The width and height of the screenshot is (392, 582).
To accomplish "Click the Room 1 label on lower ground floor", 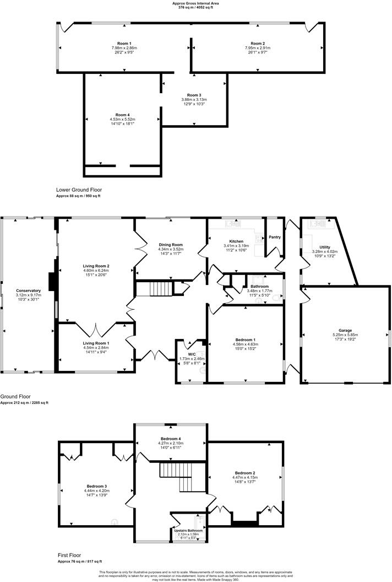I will tap(124, 44).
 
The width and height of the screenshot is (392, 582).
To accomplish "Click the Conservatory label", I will tap(29, 290).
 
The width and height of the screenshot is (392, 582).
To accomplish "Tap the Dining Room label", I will tap(171, 245).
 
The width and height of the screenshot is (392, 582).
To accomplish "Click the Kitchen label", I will tap(236, 241).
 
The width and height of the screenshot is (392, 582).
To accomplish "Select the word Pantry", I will tap(275, 238).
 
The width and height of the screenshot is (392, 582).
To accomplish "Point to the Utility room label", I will tap(325, 247).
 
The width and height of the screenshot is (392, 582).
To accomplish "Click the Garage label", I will tap(345, 330).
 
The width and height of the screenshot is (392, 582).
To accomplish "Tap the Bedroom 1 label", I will tap(245, 339).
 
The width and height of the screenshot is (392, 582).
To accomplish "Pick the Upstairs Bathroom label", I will tap(187, 530).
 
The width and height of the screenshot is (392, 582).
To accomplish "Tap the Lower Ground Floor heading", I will tap(79, 190).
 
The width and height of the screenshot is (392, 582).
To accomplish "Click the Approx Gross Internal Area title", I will tap(196, 3).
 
